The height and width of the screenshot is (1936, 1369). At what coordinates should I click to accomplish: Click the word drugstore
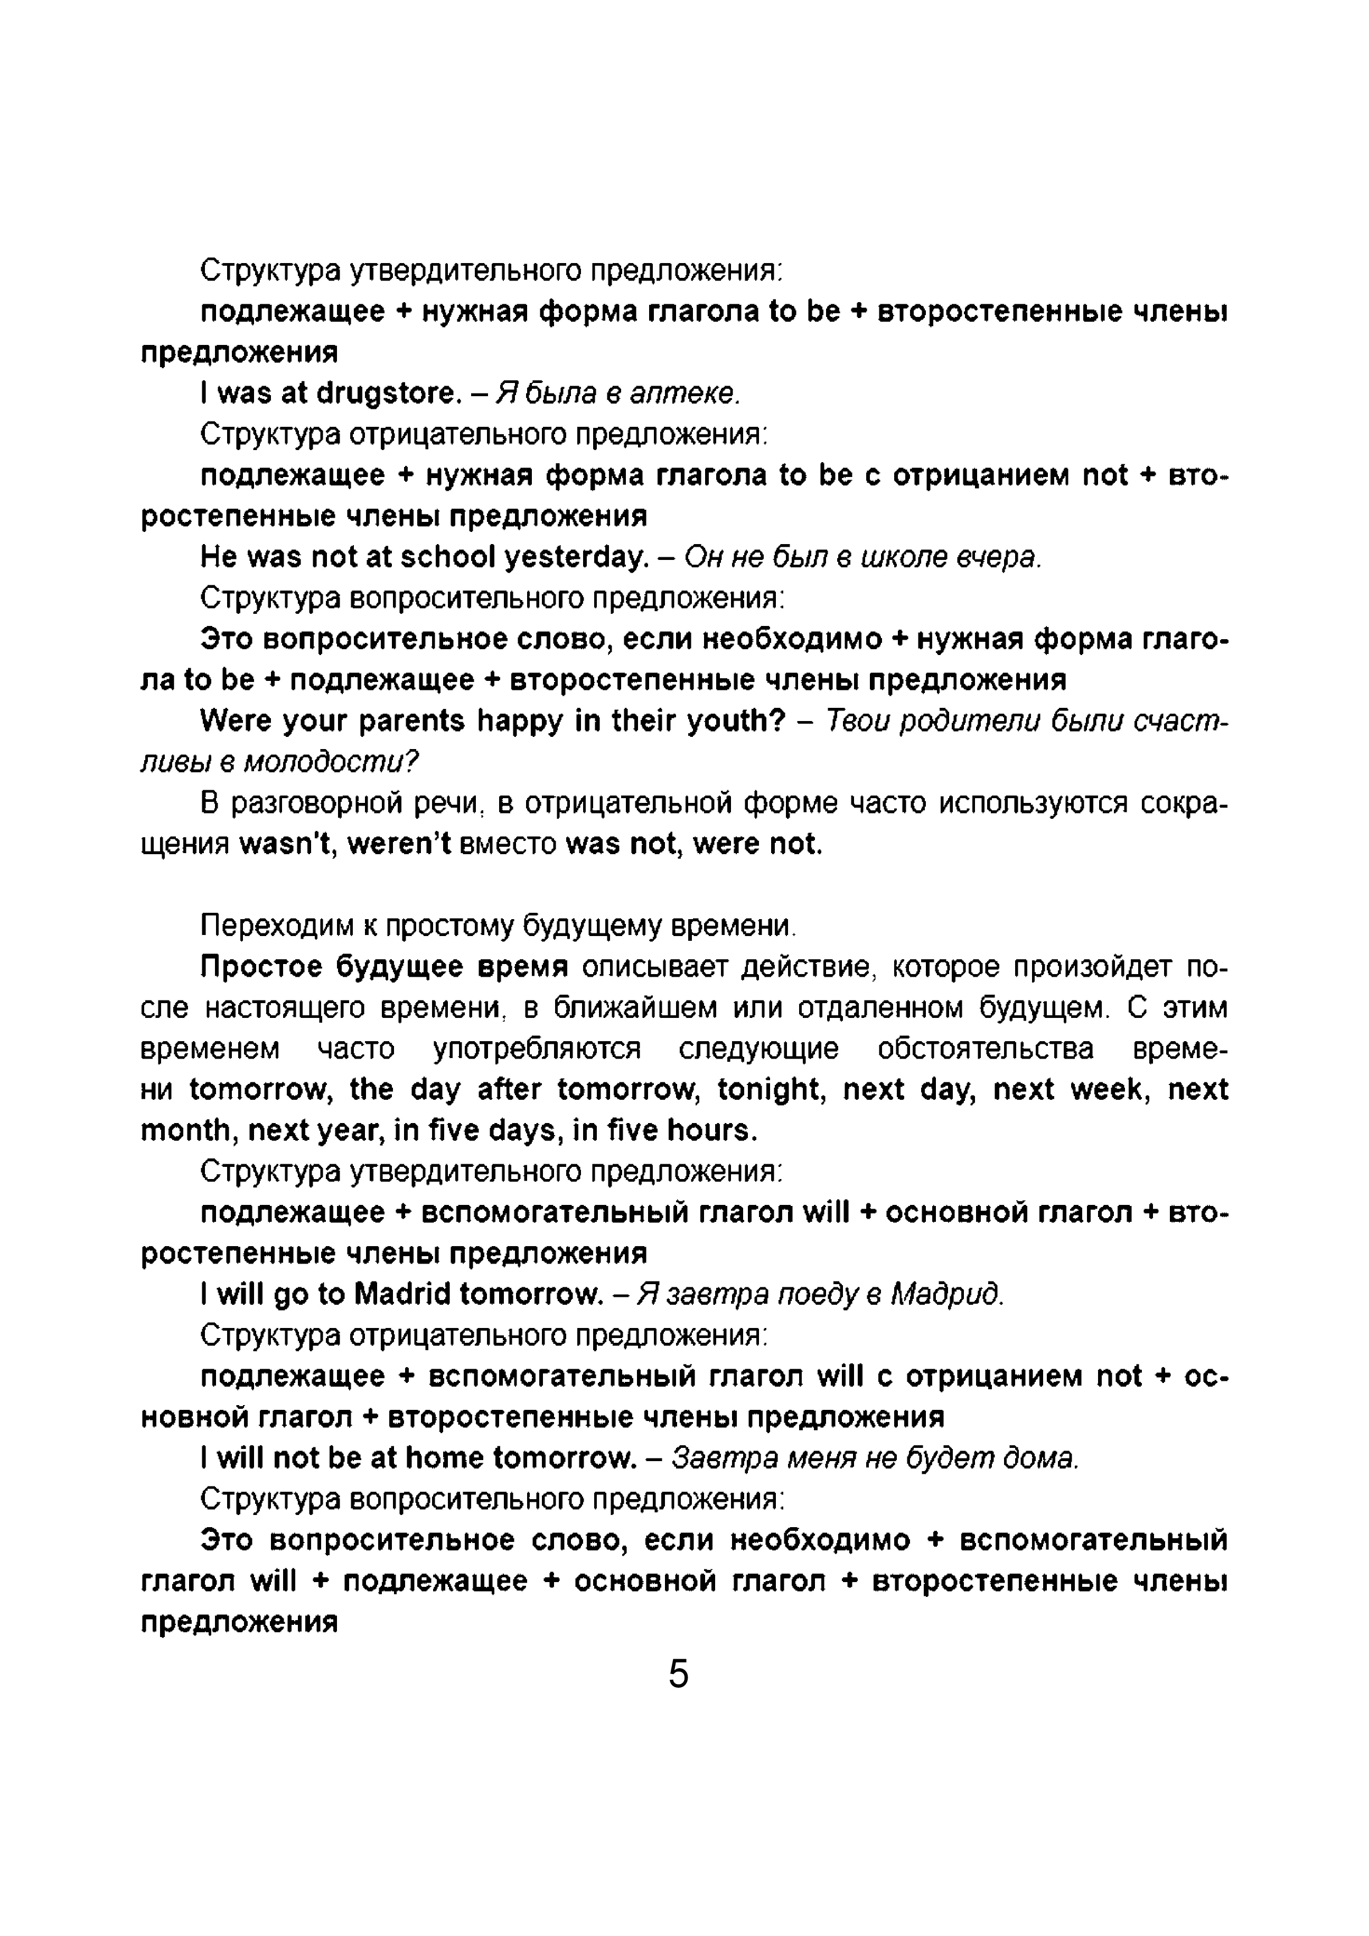coord(389,393)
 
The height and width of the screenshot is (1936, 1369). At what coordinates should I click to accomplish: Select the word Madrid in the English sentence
coord(402,1294)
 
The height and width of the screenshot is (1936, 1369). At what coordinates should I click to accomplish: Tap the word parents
coord(411,722)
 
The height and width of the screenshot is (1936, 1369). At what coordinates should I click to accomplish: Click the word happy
coord(520,722)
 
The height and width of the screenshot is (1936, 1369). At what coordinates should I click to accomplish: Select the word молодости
coord(331,762)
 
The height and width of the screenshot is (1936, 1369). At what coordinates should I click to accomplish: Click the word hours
coord(711,1131)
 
